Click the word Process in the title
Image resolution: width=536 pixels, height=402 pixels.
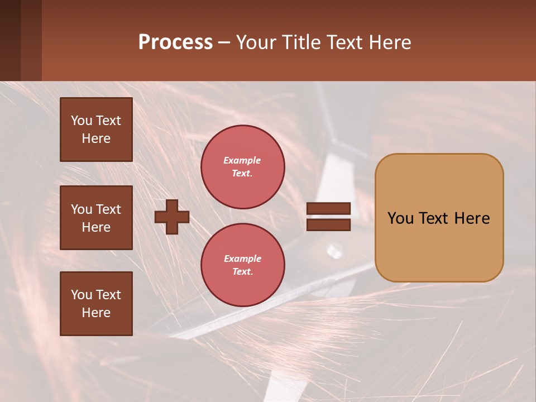[x=175, y=42]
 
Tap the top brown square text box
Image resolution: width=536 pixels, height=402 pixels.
[x=96, y=130]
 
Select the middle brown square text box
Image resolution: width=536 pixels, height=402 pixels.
[x=96, y=218]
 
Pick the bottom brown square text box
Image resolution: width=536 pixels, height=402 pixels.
[x=96, y=304]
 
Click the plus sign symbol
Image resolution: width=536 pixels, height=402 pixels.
[x=172, y=217]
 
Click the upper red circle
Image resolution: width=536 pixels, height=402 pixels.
[x=243, y=166]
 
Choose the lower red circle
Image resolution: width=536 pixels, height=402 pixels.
[x=243, y=265]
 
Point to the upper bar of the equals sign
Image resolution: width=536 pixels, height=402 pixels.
[x=328, y=209]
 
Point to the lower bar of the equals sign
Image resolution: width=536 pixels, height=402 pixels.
[x=328, y=224]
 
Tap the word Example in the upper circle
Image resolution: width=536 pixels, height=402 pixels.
[x=242, y=160]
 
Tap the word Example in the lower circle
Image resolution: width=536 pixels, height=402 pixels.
[x=242, y=259]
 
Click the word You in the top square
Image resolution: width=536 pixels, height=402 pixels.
[x=82, y=121]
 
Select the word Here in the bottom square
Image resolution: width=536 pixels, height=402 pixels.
[x=96, y=313]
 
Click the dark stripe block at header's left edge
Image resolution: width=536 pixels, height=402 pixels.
[x=21, y=40]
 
